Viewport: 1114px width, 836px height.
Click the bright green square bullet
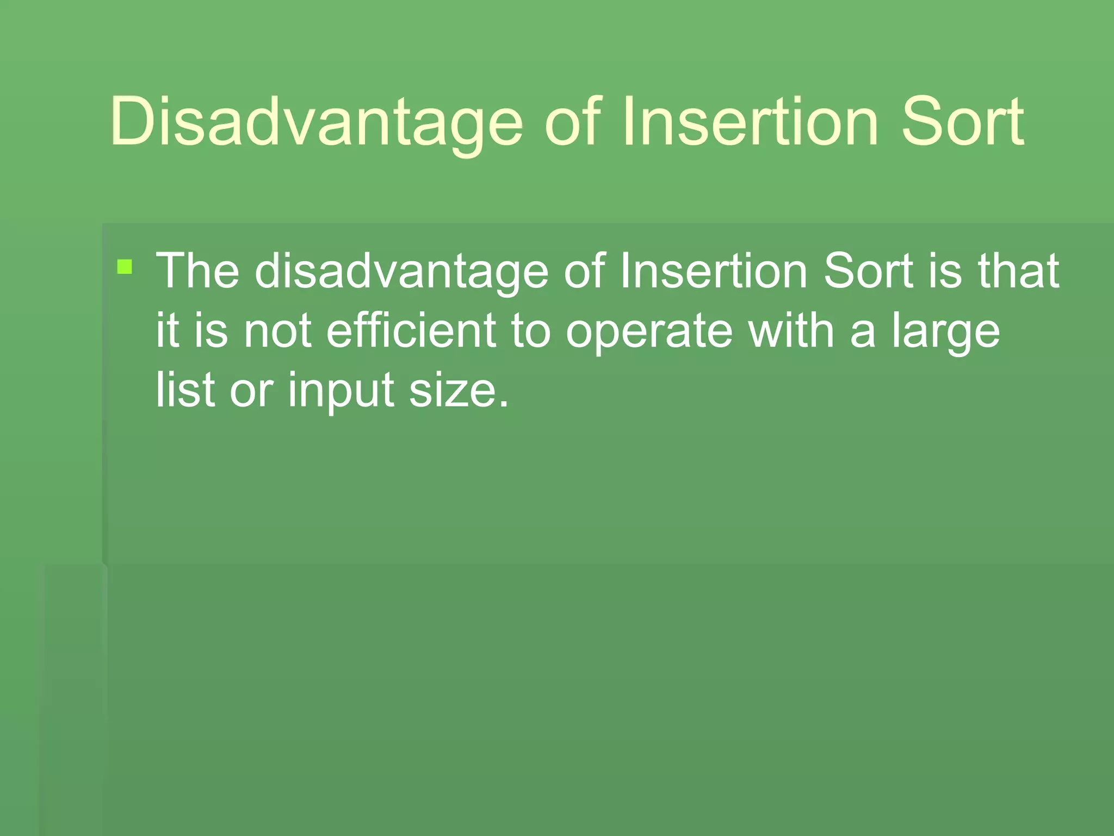[125, 267]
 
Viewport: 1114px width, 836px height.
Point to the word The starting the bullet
[197, 271]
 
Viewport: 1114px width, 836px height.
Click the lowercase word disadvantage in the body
[401, 271]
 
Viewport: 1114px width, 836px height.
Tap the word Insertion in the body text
[713, 271]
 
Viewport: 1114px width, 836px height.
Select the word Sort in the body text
[868, 271]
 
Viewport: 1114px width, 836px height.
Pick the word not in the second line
[277, 330]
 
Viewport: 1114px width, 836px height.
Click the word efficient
[411, 330]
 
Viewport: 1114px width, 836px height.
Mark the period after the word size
[504, 404]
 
